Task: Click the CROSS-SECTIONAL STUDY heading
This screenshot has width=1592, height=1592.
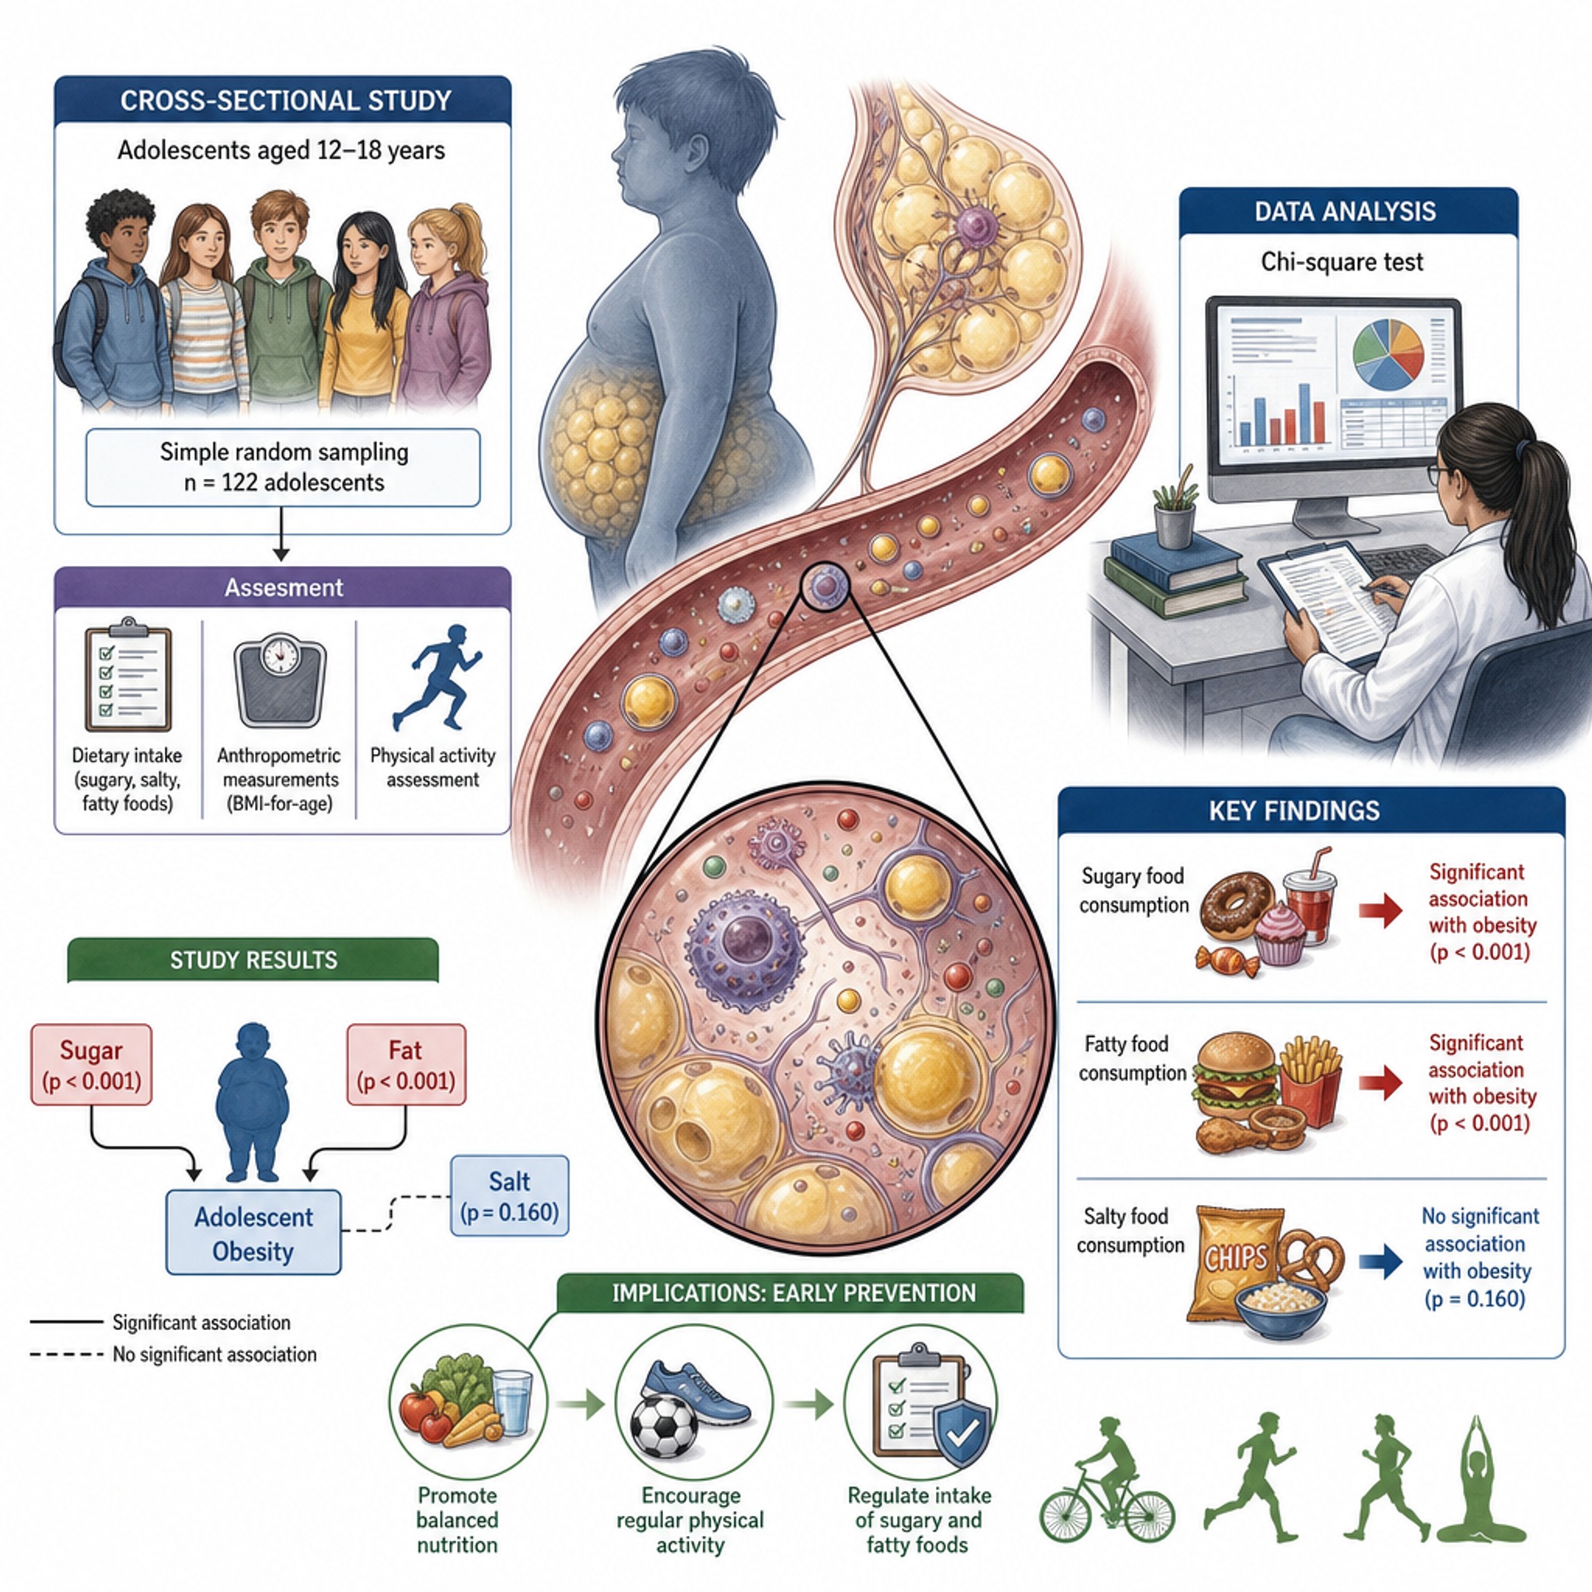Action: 285,100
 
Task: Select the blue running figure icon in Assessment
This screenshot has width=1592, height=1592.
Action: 438,677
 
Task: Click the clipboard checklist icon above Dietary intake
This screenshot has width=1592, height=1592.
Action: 127,674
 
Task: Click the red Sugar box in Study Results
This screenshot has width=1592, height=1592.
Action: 92,1064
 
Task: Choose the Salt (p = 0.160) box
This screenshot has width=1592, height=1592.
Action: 509,1196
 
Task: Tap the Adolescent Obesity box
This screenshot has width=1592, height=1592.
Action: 253,1233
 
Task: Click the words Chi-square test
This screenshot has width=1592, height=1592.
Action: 1342,262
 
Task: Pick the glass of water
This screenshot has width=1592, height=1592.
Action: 511,1403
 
